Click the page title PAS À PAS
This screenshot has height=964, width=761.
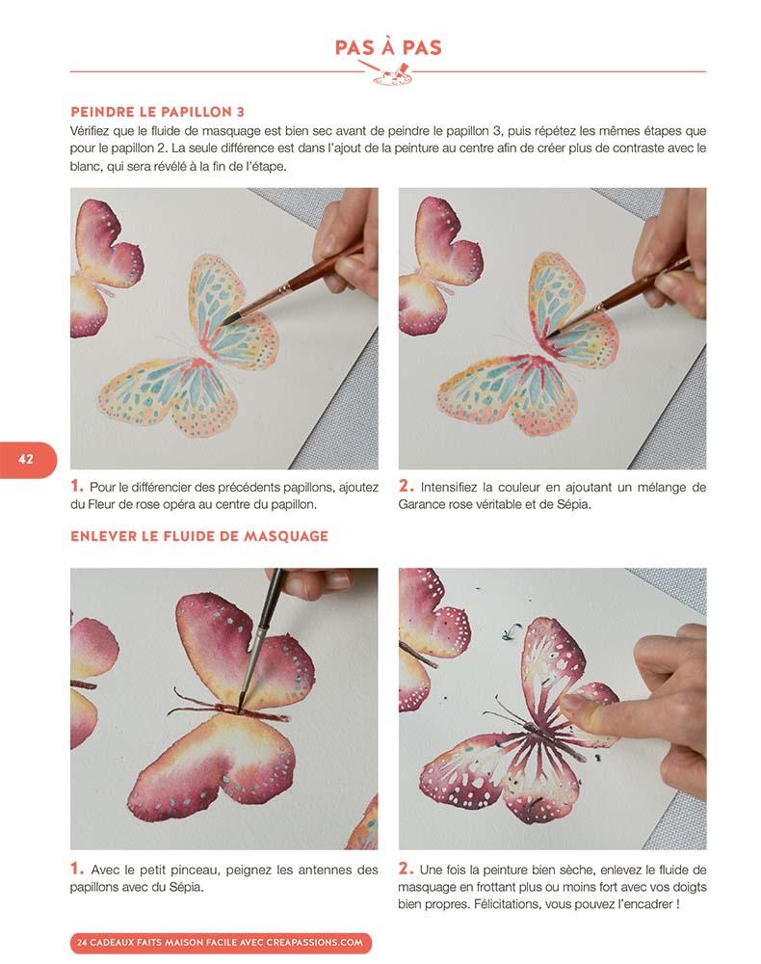point(388,47)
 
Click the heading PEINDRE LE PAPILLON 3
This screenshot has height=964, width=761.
point(157,112)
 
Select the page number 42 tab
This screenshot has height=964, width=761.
point(28,459)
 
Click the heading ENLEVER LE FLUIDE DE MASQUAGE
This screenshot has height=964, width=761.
point(199,536)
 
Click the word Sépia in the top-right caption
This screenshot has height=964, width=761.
point(574,505)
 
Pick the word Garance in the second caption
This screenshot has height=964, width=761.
point(421,505)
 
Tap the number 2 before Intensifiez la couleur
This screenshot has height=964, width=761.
point(406,486)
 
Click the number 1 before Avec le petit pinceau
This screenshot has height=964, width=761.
point(77,869)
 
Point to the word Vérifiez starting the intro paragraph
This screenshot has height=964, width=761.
point(91,131)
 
